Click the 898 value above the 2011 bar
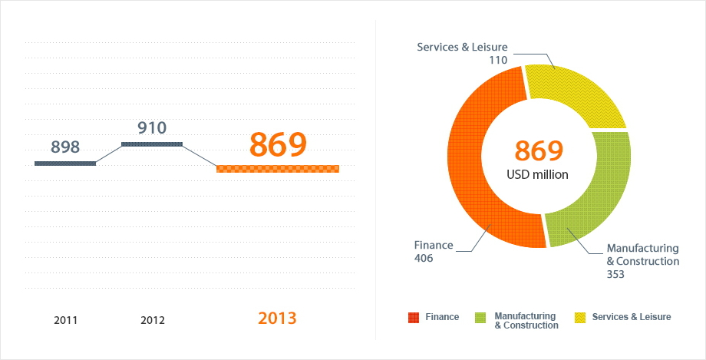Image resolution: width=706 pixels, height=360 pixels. pos(64,147)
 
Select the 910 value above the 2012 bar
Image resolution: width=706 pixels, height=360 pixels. pos(152,128)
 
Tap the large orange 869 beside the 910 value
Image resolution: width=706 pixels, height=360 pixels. pos(278,144)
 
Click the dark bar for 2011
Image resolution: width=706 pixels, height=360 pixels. pos(65,163)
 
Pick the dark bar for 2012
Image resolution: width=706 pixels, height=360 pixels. pos(152,144)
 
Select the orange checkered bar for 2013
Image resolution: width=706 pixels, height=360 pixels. pos(278,169)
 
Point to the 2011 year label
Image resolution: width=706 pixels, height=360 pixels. pos(66,320)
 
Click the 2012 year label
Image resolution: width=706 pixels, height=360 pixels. pos(153,320)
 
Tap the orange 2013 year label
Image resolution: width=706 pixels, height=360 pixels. pos(277,318)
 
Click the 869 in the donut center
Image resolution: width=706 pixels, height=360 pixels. pos(539,151)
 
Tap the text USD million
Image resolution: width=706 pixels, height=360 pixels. pos(538,175)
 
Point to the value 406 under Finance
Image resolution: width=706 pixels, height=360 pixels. pos(424,259)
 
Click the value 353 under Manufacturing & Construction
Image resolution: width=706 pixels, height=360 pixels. pos(615,273)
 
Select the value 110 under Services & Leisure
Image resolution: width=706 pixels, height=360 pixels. pos(499,59)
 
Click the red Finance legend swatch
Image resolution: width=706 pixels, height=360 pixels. pos(414,317)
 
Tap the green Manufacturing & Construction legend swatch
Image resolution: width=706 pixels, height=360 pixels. pos(481,317)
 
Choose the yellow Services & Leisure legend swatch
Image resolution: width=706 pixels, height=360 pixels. pos(579,317)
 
